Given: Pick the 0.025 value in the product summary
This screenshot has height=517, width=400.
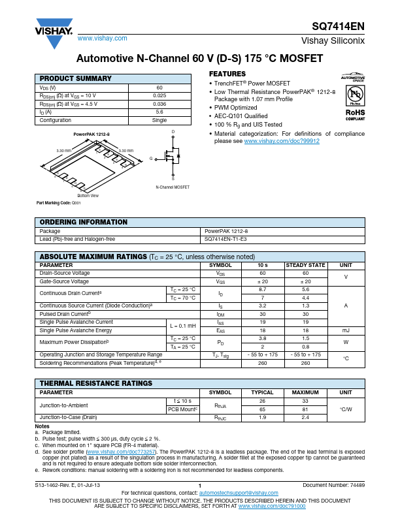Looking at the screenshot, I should (159, 95).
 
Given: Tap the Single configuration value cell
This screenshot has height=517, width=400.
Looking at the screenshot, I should (159, 120).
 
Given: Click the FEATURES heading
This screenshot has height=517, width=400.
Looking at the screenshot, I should (227, 74).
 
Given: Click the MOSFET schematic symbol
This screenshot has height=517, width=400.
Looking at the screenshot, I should (172, 157).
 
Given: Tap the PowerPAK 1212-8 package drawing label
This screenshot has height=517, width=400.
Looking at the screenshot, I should (92, 134).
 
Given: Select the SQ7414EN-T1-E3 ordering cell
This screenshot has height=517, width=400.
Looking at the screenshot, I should (226, 240).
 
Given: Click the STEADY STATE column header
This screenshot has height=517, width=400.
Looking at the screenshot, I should (305, 266).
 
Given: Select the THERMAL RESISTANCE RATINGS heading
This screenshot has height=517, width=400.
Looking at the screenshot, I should (96, 383).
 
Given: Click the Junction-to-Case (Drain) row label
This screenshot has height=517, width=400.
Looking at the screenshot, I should (68, 416).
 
